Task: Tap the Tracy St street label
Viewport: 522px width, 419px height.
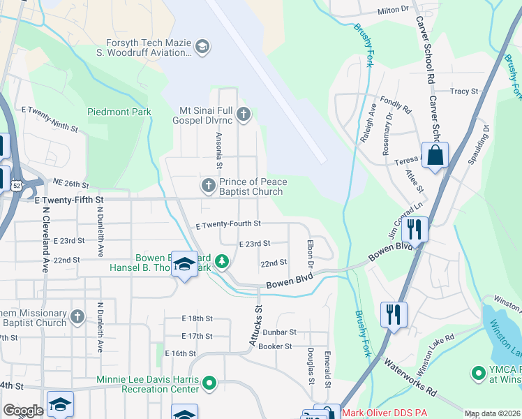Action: (x=464, y=91)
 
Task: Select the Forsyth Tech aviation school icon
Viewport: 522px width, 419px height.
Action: (x=202, y=46)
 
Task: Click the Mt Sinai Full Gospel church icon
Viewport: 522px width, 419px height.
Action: (x=244, y=114)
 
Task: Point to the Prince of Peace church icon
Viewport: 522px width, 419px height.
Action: (x=208, y=186)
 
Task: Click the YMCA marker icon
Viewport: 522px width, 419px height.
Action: (x=479, y=373)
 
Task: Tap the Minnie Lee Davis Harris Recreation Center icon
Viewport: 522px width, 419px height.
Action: (x=209, y=382)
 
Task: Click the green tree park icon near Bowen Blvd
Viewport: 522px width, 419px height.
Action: (x=222, y=261)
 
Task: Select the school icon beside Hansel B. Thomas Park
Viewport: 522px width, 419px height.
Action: (x=184, y=264)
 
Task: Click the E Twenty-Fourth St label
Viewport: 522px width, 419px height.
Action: (x=228, y=224)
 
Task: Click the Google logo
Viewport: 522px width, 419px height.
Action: (x=23, y=411)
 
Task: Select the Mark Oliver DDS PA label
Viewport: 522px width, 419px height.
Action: (x=384, y=413)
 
